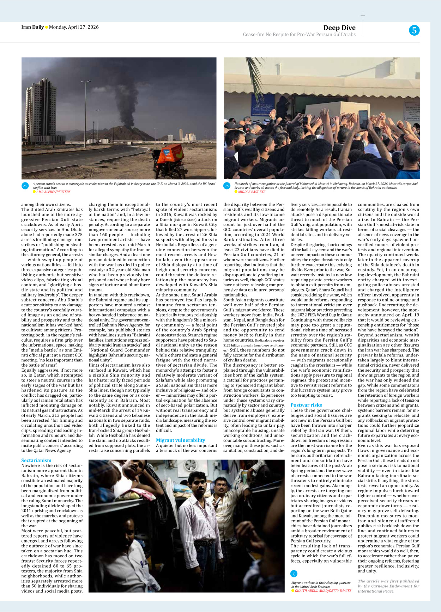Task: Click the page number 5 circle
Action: (414, 30)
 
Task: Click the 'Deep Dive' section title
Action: (339, 28)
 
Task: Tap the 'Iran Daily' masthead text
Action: (32, 27)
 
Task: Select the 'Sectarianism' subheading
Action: (36, 460)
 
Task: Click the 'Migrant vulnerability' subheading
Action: (180, 440)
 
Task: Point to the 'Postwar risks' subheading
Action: (306, 405)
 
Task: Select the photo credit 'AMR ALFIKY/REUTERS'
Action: (53, 192)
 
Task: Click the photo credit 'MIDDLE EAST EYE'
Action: (252, 192)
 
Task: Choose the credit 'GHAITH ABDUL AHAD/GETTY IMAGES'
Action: (323, 590)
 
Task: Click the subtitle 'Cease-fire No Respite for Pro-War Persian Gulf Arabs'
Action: (299, 35)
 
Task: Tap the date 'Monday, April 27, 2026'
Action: (74, 27)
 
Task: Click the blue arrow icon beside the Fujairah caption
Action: (25, 186)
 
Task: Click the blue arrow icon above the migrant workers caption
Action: (294, 574)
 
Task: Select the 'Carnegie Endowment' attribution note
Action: (388, 586)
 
